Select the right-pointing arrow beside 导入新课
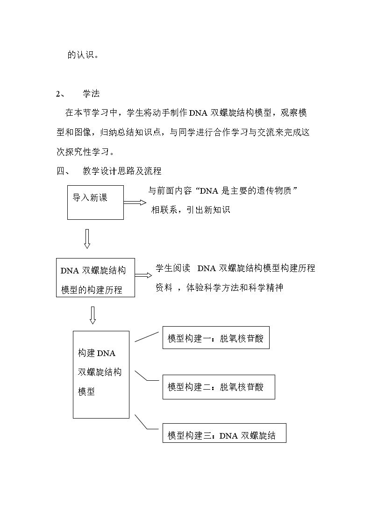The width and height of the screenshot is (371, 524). (x=135, y=202)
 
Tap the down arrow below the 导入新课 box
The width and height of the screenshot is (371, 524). (x=87, y=239)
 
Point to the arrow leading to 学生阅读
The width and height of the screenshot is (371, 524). (x=143, y=275)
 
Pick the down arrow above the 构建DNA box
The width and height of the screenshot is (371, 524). (x=93, y=315)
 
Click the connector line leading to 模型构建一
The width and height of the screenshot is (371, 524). (x=147, y=337)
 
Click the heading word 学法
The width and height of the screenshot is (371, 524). (x=91, y=94)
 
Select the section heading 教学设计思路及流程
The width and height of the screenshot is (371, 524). (x=122, y=171)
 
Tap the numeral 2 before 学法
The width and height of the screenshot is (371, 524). (x=57, y=94)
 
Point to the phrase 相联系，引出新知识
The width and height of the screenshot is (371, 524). (x=190, y=210)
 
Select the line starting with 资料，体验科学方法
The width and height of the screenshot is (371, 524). (x=220, y=287)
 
